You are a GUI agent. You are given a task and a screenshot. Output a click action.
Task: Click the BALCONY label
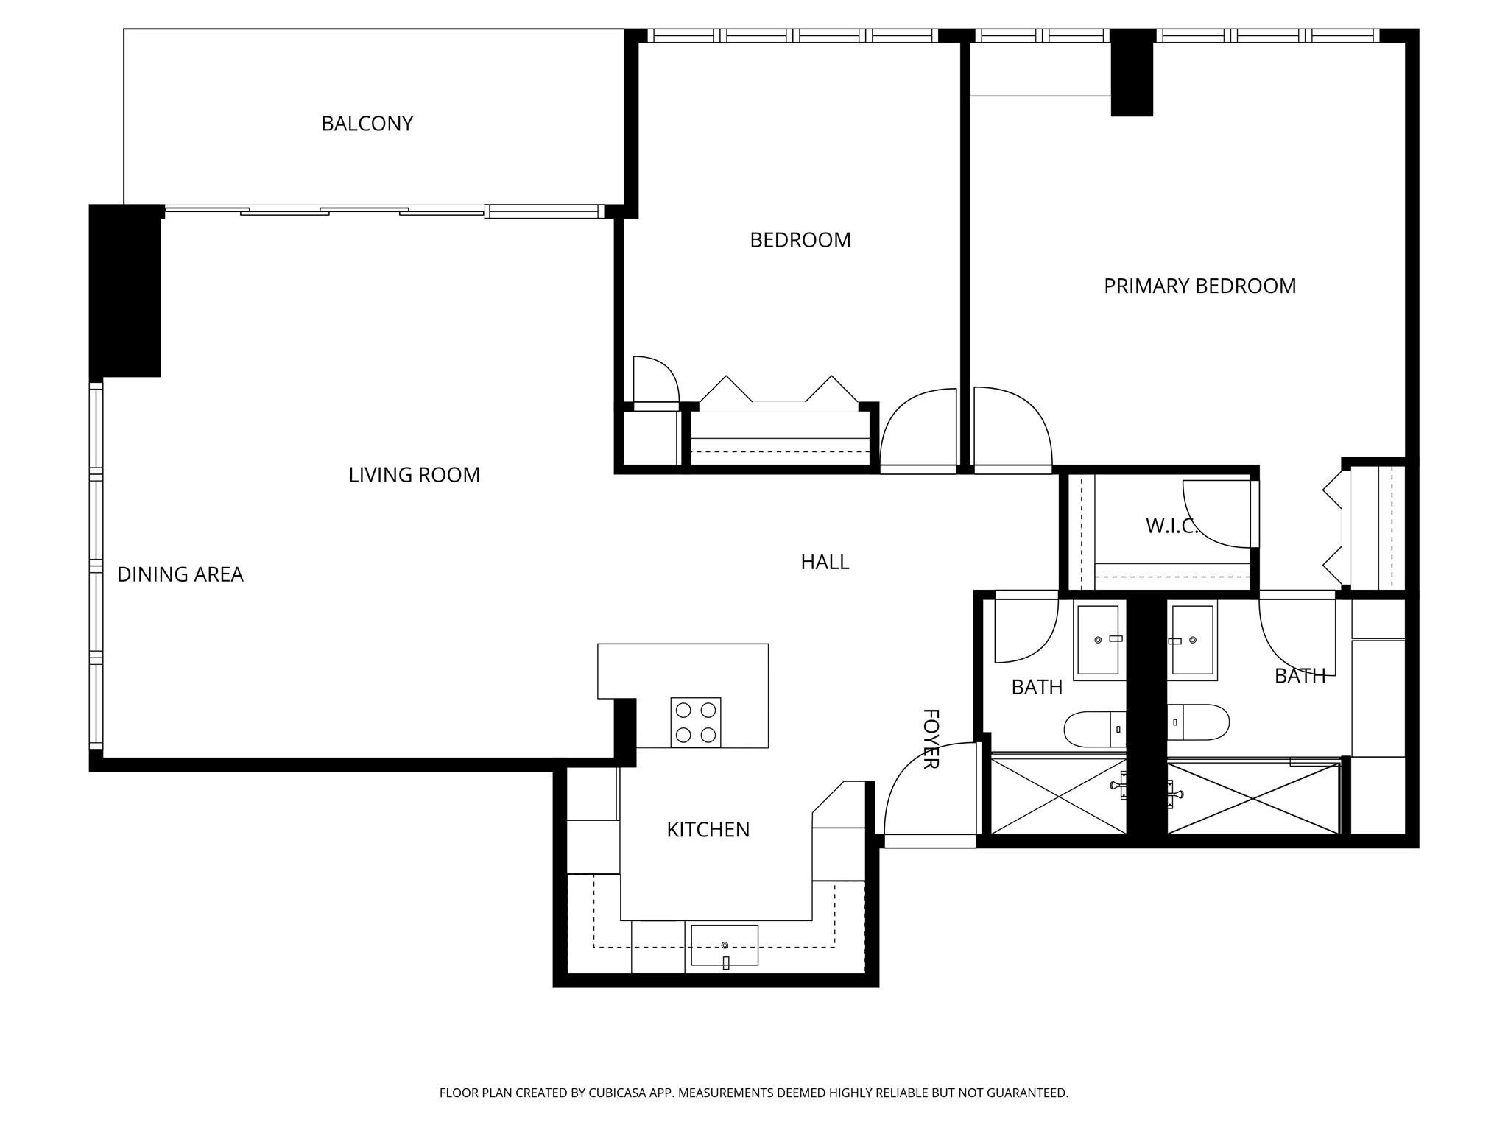[367, 124]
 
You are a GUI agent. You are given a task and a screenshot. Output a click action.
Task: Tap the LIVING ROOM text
[414, 476]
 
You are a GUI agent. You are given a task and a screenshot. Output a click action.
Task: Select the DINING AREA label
[180, 575]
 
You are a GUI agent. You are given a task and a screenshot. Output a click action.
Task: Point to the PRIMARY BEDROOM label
[1199, 286]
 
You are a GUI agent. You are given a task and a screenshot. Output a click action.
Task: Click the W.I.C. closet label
[1171, 526]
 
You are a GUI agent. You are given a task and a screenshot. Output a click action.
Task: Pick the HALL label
[825, 563]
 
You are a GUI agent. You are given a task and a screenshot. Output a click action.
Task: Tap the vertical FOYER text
[931, 739]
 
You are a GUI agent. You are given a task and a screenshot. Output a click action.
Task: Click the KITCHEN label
[708, 830]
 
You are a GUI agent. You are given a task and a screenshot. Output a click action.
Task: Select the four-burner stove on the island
[695, 722]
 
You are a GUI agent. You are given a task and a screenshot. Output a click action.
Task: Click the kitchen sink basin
[724, 945]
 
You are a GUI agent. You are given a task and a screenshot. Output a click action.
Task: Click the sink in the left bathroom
[1099, 640]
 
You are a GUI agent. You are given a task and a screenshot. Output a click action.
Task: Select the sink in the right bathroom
[1192, 640]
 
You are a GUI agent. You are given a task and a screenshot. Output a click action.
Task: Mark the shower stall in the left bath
[1059, 796]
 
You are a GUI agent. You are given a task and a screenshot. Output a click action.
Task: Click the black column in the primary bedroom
[1131, 72]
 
